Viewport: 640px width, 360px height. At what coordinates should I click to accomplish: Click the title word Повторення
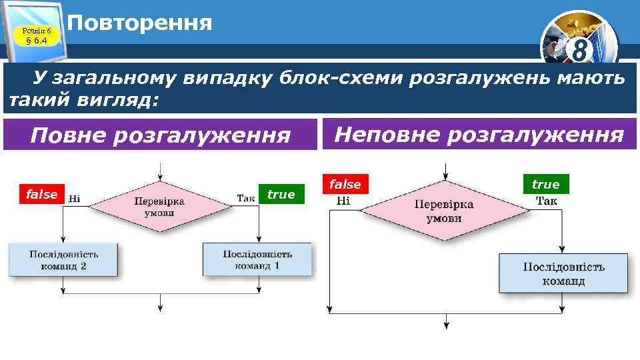(x=140, y=23)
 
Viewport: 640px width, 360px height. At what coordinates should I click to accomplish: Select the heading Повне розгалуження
(x=161, y=136)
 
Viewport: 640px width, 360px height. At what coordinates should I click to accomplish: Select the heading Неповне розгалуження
(x=478, y=135)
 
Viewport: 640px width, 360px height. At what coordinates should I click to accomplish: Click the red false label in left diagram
(x=41, y=194)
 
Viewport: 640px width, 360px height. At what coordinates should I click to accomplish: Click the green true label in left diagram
(x=281, y=194)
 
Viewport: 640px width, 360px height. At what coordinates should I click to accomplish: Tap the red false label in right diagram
(x=345, y=184)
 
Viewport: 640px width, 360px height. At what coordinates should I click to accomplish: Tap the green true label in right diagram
(x=545, y=184)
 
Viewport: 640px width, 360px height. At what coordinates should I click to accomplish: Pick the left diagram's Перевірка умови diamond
(x=160, y=207)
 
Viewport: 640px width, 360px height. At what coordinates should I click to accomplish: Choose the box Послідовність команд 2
(x=63, y=260)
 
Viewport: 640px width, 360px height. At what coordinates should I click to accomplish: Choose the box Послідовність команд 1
(x=257, y=259)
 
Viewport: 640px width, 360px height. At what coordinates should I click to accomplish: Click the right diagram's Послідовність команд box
(x=563, y=273)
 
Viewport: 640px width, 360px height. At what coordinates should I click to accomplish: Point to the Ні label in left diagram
(x=75, y=197)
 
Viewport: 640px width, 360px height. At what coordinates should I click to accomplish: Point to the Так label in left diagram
(x=246, y=197)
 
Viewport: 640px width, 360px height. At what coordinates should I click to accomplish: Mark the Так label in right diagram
(x=547, y=200)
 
